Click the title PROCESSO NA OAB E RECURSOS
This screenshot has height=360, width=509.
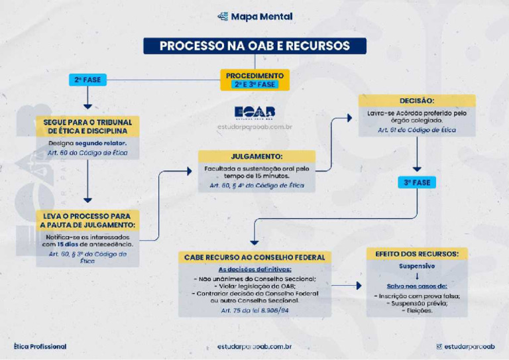(x=254, y=46)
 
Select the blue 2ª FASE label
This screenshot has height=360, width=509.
(x=87, y=80)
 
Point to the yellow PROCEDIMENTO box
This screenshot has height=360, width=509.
(x=254, y=80)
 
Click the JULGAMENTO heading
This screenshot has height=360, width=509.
(x=256, y=157)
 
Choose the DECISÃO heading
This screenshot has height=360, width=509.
(x=417, y=101)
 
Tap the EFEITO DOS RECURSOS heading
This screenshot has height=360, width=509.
(x=416, y=254)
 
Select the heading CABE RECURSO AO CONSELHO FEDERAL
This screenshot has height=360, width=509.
(x=254, y=257)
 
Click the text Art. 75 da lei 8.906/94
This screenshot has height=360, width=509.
(x=254, y=310)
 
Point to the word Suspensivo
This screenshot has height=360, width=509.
(x=416, y=266)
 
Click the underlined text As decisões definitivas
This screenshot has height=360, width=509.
(x=254, y=269)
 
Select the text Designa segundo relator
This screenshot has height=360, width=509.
(x=87, y=143)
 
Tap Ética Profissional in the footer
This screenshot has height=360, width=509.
(x=40, y=347)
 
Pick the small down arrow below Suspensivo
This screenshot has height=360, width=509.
(x=416, y=276)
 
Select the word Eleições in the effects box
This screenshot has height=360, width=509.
(x=416, y=310)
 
